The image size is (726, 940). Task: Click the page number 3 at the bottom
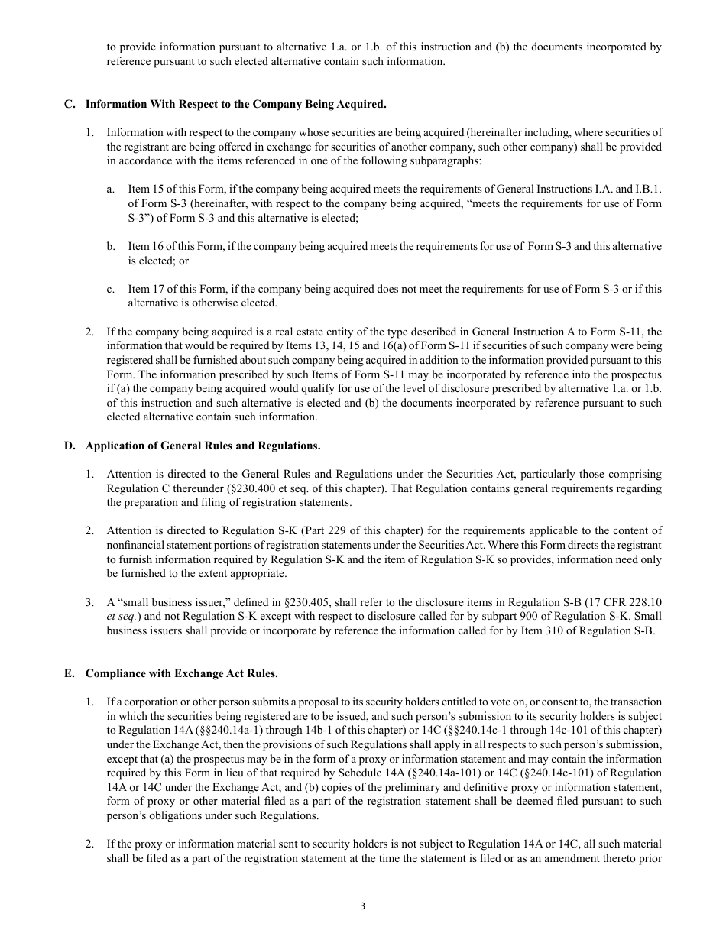363,907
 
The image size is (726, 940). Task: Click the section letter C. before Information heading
70,104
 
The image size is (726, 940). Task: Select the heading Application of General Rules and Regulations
203,446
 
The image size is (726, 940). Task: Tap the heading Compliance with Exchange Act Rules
182,673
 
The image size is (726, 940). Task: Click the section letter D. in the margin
70,446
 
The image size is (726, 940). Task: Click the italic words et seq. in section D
122,616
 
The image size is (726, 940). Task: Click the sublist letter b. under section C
111,246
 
